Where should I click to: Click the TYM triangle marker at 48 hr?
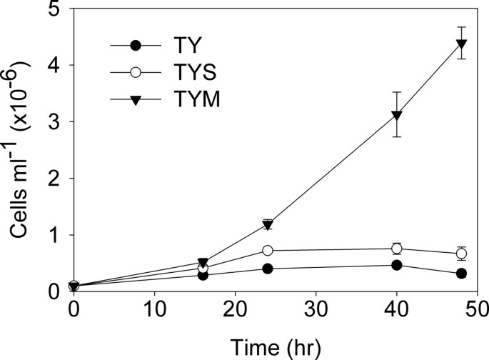[x=461, y=44]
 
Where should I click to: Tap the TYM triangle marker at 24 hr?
[x=268, y=225]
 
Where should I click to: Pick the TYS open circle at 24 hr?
[x=268, y=251]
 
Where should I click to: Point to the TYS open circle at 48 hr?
[x=461, y=254]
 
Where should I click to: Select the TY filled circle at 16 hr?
[x=203, y=275]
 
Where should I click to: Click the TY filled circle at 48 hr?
[x=461, y=274]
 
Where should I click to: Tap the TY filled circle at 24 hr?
[x=268, y=269]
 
